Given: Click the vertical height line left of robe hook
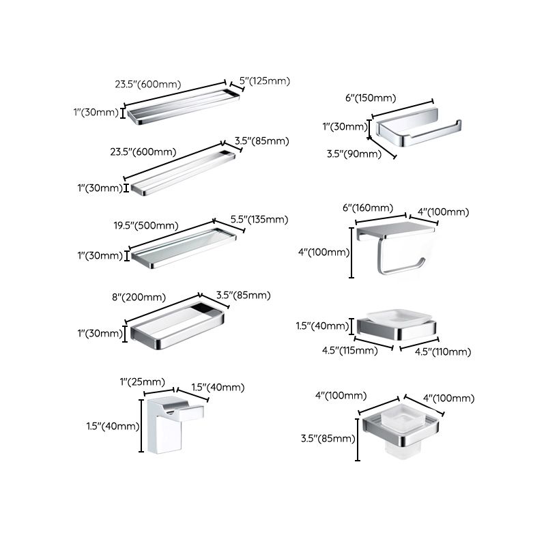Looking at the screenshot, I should (x=142, y=427).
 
